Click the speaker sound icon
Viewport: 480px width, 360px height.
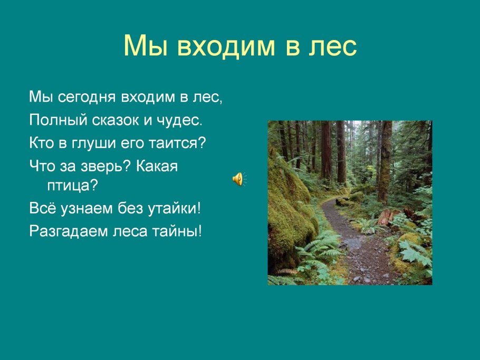pyautogui.click(x=238, y=179)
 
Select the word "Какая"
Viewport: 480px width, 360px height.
pyautogui.click(x=157, y=166)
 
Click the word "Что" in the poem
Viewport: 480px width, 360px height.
pyautogui.click(x=41, y=166)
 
